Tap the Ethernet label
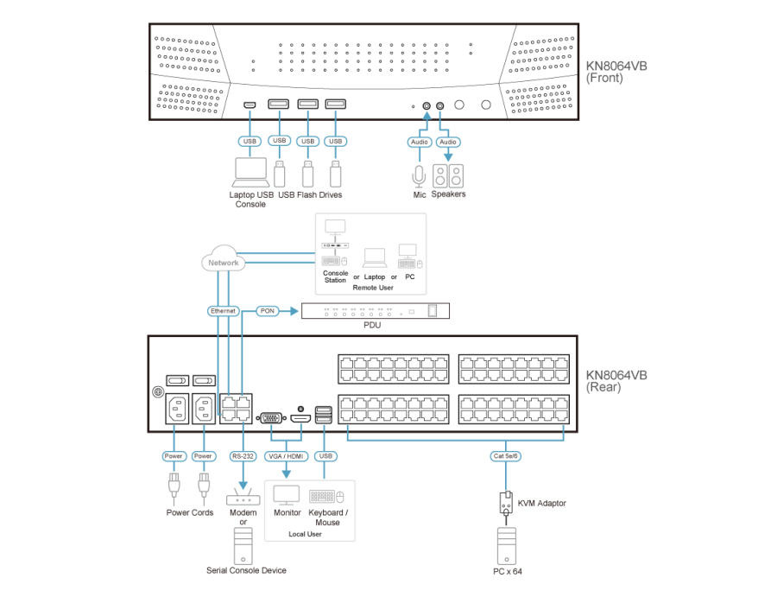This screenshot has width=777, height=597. coord(223,310)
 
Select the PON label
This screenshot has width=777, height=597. coord(267,310)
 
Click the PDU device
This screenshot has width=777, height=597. coord(376,311)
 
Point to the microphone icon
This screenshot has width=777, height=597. coord(419,175)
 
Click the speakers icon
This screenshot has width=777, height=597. coord(447,176)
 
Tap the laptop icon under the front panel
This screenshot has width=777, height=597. coord(250,173)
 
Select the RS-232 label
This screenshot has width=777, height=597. coord(243,456)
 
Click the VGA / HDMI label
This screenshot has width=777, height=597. coord(287,456)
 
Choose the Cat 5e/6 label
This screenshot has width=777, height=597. coord(504,456)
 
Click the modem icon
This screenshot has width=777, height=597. coord(243,499)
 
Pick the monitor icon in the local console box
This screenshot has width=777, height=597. coord(287,496)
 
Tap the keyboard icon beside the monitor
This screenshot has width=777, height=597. coord(323,497)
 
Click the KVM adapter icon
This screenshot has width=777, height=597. coord(504,502)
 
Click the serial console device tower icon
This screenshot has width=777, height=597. coord(243,545)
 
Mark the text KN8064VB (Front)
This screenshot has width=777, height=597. coord(616,71)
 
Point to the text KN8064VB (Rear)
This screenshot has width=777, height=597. coord(616,381)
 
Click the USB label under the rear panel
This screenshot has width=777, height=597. coord(325,456)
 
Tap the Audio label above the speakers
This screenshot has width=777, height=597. coord(447,141)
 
